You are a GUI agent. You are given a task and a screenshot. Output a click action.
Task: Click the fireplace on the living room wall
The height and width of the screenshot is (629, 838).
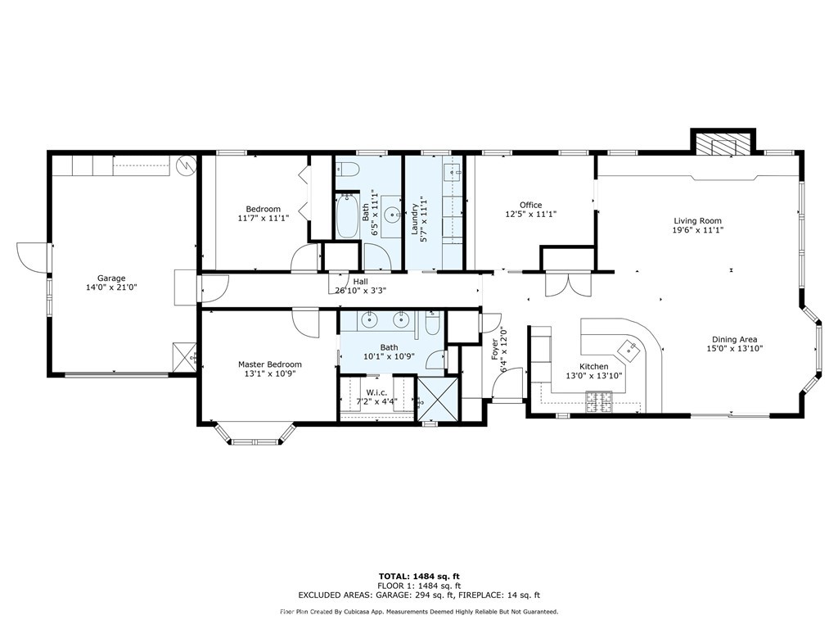tap(723, 145)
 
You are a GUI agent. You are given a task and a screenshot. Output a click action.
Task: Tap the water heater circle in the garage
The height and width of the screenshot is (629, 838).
tap(187, 165)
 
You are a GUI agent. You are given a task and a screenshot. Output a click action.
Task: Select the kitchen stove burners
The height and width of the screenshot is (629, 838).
tap(598, 400)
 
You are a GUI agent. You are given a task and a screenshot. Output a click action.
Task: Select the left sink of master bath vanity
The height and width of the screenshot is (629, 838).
tap(371, 319)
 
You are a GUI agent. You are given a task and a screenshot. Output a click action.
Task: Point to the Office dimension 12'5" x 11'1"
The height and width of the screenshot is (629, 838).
tap(530, 215)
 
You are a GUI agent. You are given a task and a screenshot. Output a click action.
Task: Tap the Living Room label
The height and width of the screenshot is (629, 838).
tap(697, 220)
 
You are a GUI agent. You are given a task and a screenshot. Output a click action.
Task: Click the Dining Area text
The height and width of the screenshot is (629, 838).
tap(734, 339)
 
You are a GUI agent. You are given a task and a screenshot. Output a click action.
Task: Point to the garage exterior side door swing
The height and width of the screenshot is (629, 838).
tap(30, 258)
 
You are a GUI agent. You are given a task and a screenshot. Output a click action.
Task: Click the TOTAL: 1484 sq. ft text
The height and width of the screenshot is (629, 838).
tap(418, 576)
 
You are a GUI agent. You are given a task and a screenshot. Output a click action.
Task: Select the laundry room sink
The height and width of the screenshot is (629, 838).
tap(452, 174)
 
